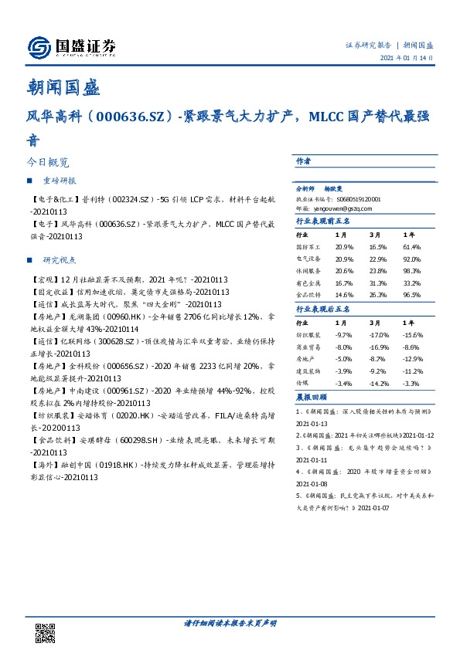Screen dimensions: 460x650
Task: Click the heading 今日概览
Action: [x=48, y=163]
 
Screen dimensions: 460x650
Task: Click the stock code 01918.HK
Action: [x=114, y=465]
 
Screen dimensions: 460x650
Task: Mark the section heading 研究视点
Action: [x=60, y=259]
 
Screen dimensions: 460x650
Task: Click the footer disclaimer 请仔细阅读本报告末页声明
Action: [x=230, y=622]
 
